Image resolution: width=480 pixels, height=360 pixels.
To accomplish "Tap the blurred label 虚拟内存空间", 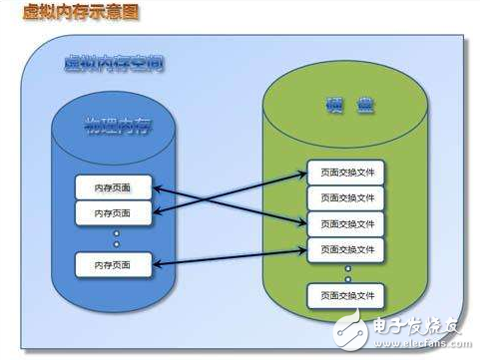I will (x=115, y=64).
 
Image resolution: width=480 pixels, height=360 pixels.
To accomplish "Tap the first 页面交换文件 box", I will (x=346, y=172).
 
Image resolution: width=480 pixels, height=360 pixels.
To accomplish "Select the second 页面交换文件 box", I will (x=346, y=197).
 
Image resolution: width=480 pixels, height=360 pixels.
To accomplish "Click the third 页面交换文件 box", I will (x=346, y=223).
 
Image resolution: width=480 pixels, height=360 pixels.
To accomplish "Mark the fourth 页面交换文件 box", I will (x=346, y=248).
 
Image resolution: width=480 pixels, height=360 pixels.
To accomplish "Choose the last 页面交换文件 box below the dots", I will (x=346, y=296).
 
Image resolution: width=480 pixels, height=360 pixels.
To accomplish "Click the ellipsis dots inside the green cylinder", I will (x=346, y=271).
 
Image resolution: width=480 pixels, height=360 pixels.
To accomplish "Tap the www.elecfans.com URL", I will (x=429, y=345).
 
